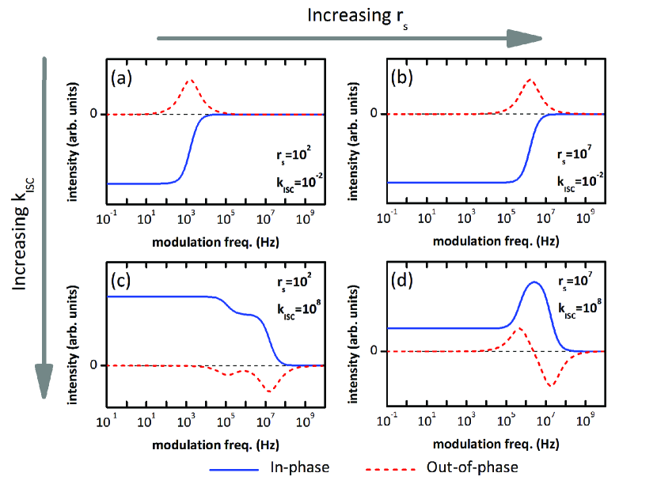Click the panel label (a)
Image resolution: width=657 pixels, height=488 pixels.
point(120,78)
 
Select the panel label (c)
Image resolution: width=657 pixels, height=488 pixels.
point(120,281)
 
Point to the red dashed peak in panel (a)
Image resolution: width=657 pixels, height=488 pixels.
point(190,80)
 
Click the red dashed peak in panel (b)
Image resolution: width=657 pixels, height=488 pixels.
point(530,79)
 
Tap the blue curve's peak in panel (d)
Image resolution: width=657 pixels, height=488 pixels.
point(534,282)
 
